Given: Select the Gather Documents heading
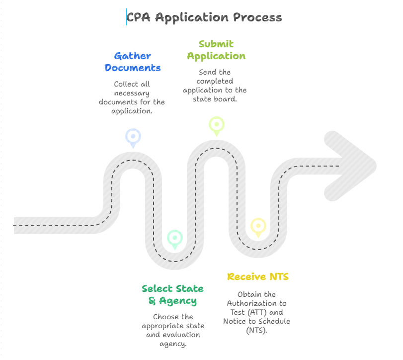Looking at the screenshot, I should (x=132, y=62).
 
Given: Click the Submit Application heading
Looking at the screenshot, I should (x=216, y=50).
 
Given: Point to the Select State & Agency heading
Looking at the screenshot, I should (x=172, y=295).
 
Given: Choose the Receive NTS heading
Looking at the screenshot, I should (x=257, y=276).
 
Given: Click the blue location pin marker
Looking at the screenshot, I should (x=133, y=137).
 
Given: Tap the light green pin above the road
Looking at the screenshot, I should (x=216, y=125).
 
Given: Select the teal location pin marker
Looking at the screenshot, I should (x=174, y=238).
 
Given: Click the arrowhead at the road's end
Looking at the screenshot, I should (x=353, y=166).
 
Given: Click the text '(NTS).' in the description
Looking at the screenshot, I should (x=257, y=330).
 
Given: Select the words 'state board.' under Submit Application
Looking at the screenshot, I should (x=215, y=99).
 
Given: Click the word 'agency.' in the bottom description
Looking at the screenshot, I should (x=173, y=344).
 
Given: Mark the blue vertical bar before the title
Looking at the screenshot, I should (x=127, y=17).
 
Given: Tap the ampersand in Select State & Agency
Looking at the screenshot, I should (x=152, y=301).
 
